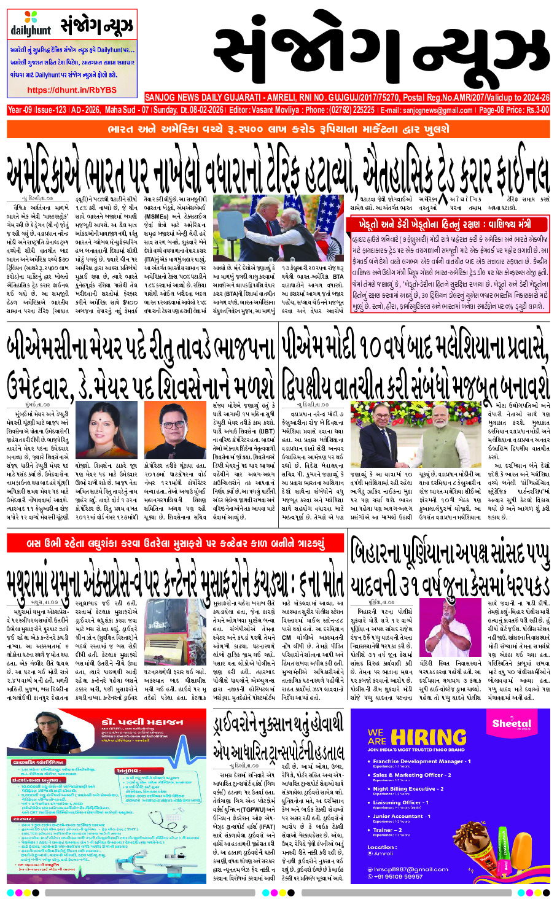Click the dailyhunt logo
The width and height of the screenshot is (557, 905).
tap(31, 24)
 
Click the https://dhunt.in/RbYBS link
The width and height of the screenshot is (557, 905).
tap(72, 90)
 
